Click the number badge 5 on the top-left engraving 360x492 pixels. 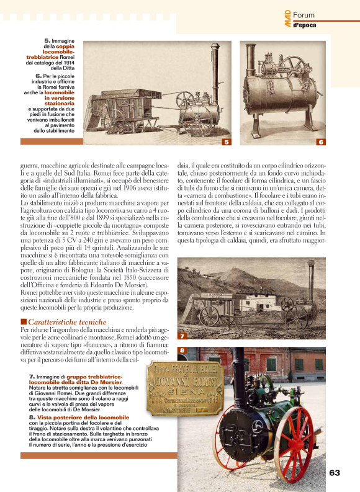[227, 142]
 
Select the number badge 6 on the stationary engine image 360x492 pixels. [320, 142]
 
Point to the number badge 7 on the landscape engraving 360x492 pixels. [182, 336]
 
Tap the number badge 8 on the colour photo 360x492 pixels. [182, 351]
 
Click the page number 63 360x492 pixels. [335, 473]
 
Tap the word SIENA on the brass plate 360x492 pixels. [176, 392]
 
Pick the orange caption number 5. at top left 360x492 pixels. [47, 41]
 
